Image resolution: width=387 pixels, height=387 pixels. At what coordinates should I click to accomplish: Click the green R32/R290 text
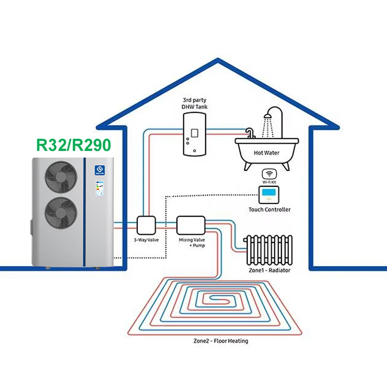pyautogui.click(x=73, y=146)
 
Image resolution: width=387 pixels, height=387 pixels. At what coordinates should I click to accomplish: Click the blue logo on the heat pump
pyautogui.click(x=99, y=169)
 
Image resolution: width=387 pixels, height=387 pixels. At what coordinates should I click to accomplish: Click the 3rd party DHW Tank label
pyautogui.click(x=194, y=103)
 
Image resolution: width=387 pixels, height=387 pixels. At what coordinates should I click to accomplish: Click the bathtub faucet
pyautogui.click(x=250, y=133)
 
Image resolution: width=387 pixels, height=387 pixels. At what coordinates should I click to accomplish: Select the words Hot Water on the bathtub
pyautogui.click(x=267, y=152)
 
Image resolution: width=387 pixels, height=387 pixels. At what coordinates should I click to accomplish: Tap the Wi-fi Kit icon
pyautogui.click(x=268, y=173)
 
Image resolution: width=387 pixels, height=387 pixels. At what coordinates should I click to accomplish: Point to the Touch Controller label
pyautogui.click(x=269, y=209)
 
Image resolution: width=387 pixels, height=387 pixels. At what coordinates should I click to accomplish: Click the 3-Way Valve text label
pyautogui.click(x=145, y=239)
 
